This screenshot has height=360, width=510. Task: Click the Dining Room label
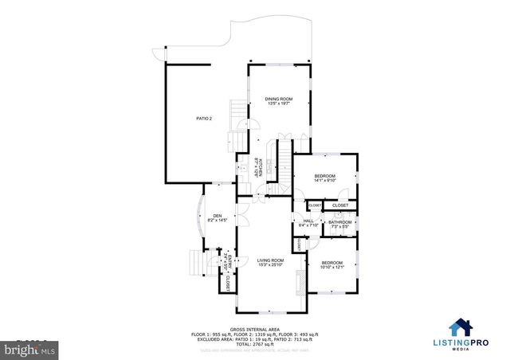pyautogui.click(x=280, y=100)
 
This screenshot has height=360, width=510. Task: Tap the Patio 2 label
pyautogui.click(x=204, y=118)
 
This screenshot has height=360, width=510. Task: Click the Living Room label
pyautogui.click(x=270, y=262)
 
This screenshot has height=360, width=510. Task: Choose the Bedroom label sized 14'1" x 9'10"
pyautogui.click(x=324, y=178)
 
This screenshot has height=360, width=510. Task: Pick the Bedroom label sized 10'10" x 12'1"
pyautogui.click(x=331, y=264)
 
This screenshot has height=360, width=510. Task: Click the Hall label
pyautogui.click(x=308, y=223)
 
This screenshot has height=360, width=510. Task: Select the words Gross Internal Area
pyautogui.click(x=254, y=329)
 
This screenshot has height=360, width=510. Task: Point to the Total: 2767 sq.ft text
pyautogui.click(x=254, y=343)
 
